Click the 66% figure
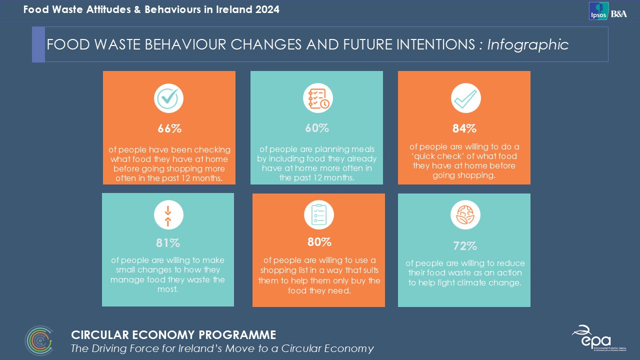point(169,128)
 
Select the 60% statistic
point(317,128)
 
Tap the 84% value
point(464,128)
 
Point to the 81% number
point(168,243)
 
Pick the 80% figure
point(319,242)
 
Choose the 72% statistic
point(464,246)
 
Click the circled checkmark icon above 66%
point(168,98)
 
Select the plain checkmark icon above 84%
point(465,98)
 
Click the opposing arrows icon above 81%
point(168,215)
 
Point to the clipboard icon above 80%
point(318,215)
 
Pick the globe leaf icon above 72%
point(465,215)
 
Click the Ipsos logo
point(598,11)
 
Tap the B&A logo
point(618,13)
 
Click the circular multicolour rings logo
point(39,341)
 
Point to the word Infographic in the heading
point(527,45)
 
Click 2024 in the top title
point(267,9)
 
